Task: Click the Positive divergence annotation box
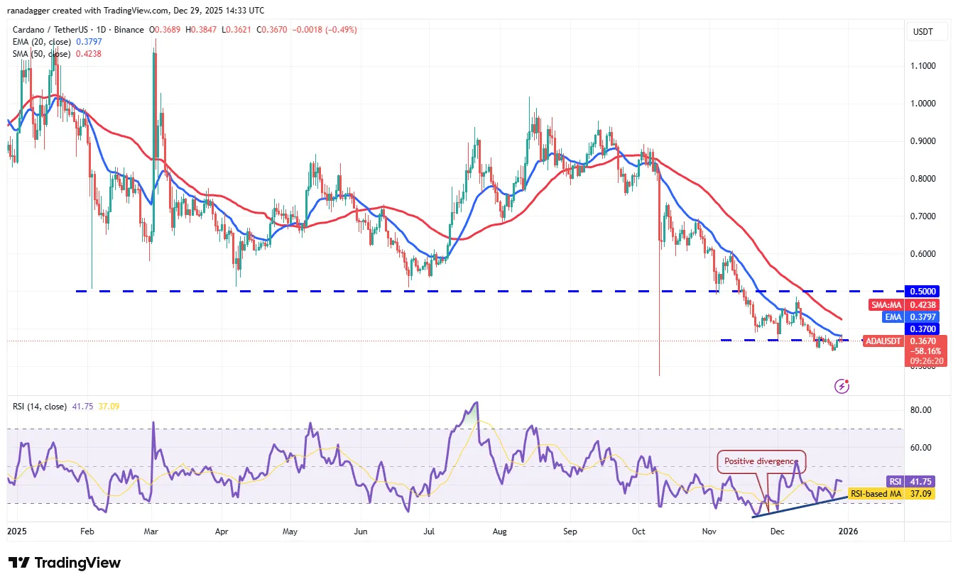(x=761, y=461)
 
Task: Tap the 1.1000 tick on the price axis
(x=923, y=66)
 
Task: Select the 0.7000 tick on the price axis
(x=923, y=216)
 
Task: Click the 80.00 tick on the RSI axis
(x=921, y=410)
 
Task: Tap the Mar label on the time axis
(x=151, y=531)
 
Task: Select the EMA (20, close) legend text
(x=41, y=42)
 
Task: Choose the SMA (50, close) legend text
(x=41, y=53)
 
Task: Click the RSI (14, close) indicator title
(x=40, y=407)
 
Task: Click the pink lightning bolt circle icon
(x=842, y=386)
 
